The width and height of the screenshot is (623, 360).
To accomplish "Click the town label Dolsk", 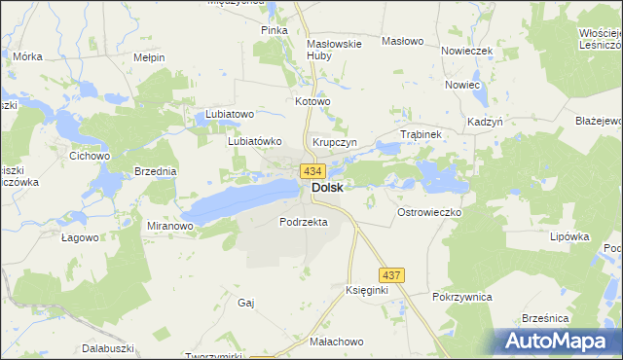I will (x=327, y=189).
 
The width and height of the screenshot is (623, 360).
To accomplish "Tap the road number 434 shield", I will (x=311, y=171).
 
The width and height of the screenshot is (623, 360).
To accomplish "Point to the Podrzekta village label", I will (x=303, y=222).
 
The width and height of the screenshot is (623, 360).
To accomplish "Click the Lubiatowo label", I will (x=230, y=115).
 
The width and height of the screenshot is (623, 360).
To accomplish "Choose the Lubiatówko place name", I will (x=254, y=140).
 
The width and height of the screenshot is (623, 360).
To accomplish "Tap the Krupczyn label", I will (x=335, y=142).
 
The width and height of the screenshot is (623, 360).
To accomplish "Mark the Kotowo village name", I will (x=313, y=101).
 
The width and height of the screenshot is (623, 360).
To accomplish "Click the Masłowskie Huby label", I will (x=334, y=50).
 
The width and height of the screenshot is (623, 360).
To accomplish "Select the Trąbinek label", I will (x=421, y=134).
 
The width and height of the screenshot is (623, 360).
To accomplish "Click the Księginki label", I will (x=367, y=291).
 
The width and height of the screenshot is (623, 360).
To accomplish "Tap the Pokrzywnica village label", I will (x=462, y=297).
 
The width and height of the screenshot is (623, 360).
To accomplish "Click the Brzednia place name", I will (x=156, y=171).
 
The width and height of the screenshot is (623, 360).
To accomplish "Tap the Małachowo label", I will (x=337, y=342).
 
